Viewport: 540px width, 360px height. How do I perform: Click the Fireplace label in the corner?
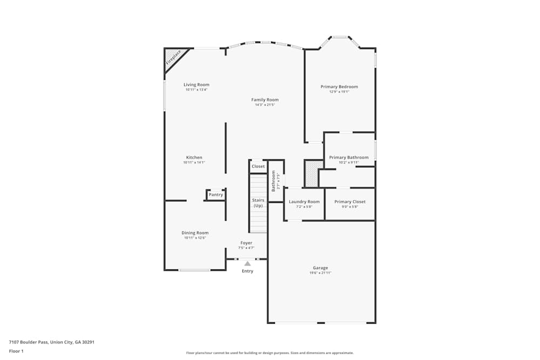(x=174, y=58)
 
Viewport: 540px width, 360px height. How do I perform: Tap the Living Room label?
(x=196, y=85)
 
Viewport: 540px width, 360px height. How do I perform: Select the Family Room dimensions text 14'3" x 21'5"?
(x=265, y=105)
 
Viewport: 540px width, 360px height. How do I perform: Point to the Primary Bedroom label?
(x=339, y=86)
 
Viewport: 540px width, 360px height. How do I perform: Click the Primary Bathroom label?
(x=349, y=158)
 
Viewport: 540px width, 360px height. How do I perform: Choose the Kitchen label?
(x=194, y=158)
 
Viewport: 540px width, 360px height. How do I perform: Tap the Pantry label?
(x=215, y=195)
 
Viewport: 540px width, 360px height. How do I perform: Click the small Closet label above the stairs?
(x=258, y=166)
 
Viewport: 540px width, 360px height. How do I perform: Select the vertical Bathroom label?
(x=274, y=181)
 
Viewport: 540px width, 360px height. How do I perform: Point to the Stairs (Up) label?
(x=258, y=203)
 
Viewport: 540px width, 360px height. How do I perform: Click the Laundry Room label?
(x=304, y=202)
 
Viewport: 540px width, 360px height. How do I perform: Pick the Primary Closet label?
(x=350, y=202)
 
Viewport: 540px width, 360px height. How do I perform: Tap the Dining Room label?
(x=195, y=233)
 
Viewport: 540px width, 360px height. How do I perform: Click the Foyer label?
(x=246, y=243)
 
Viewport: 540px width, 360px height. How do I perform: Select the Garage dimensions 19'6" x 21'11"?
(x=320, y=273)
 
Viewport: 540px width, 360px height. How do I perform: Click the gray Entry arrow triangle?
(x=247, y=263)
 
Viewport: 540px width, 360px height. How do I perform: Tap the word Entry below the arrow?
(x=247, y=271)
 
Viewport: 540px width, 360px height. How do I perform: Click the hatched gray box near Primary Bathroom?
(x=313, y=173)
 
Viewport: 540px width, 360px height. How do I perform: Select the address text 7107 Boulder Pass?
(x=29, y=342)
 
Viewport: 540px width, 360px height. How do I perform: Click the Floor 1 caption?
(x=16, y=351)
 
